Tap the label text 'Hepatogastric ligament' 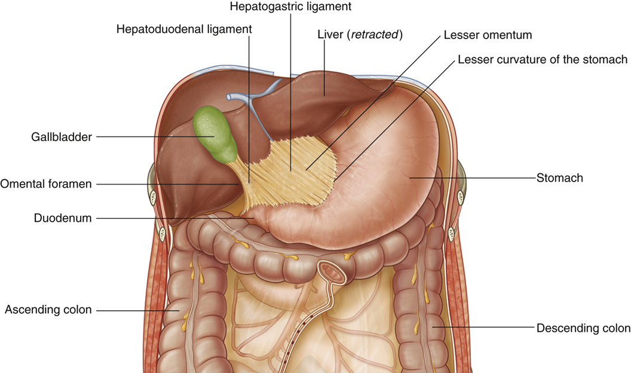point(290,7)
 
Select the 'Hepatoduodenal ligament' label point(184,28)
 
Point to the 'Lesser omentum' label point(488,35)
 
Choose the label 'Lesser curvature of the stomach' point(543,60)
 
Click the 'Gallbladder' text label point(62,137)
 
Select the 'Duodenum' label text point(63,218)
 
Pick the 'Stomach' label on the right point(559,178)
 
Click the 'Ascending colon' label point(48,310)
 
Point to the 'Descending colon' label point(583,328)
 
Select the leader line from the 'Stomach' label point(472,178)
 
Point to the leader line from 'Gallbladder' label point(149,137)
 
